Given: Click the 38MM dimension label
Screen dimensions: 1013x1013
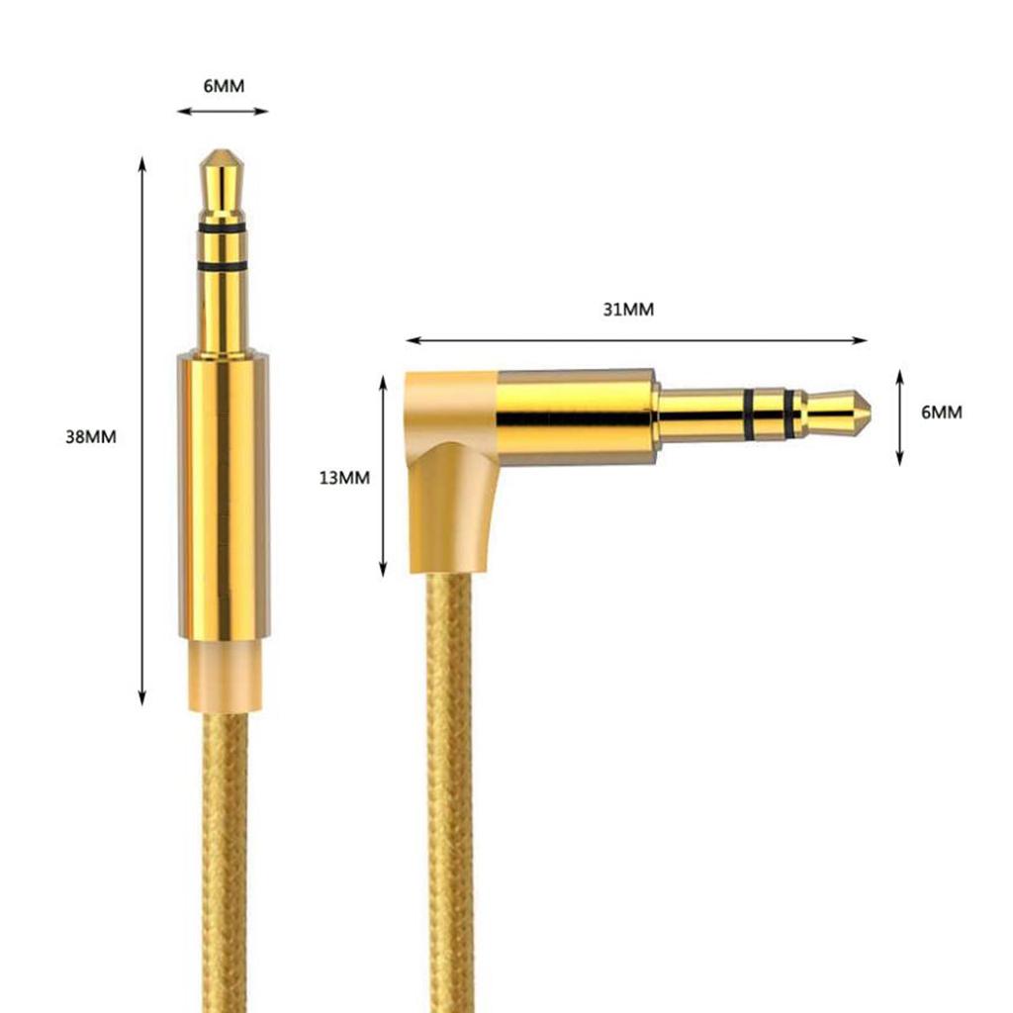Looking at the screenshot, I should point(91,436).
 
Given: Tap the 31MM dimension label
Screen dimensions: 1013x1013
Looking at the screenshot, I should point(628,310).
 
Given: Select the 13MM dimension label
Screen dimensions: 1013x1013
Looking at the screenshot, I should point(344,478).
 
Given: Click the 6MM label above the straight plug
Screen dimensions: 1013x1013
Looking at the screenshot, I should point(224,86).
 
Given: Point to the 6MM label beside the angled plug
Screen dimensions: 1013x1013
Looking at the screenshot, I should point(941,413).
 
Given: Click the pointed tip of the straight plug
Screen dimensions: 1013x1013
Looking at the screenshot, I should point(223,156).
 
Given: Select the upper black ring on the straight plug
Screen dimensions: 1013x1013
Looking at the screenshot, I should point(223,229).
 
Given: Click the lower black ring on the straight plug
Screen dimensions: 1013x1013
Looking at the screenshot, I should point(223,267).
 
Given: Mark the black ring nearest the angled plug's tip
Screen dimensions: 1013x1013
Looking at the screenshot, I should point(789,413).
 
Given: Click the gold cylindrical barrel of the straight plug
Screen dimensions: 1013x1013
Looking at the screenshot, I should point(224,495).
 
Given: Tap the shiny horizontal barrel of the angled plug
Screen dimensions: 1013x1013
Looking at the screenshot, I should point(574,415).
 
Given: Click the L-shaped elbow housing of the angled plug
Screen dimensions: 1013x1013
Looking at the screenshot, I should point(450,475).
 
